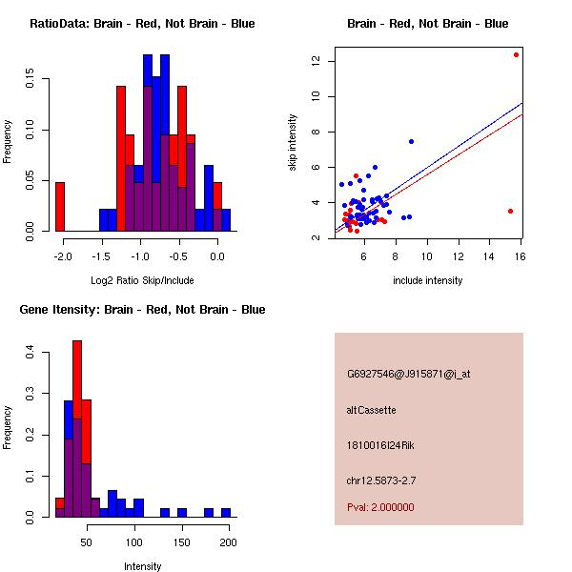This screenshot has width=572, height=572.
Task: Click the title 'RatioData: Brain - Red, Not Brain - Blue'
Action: point(142,24)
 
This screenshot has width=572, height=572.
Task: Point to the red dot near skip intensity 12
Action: point(516,54)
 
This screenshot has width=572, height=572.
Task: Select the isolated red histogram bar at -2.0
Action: point(60,206)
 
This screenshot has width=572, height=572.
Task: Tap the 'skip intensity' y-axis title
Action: point(294,143)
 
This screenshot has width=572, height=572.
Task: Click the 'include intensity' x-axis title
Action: point(427,280)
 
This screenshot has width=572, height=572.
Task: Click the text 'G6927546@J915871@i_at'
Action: point(408,374)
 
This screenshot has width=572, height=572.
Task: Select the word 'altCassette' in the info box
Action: point(371,410)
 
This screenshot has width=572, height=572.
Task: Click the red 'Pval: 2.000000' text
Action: point(380,507)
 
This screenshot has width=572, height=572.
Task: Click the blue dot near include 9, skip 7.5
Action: point(411,141)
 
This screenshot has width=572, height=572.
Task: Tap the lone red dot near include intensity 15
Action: point(510,211)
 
